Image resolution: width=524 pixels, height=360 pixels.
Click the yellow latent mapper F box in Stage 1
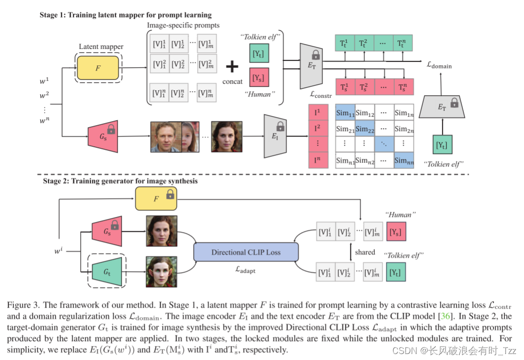pos(98,67)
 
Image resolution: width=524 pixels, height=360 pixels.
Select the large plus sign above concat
pos(233,67)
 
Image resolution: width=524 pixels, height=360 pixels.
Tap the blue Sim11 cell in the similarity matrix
pos(345,113)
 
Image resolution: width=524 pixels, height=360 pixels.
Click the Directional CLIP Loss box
pos(246,252)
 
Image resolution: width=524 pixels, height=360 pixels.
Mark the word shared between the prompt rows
pos(365,252)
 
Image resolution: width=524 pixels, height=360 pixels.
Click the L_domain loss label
pos(440,64)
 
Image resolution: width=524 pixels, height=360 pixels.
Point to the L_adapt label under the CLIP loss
pos(246,270)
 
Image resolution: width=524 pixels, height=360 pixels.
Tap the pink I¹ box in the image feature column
pos(318,113)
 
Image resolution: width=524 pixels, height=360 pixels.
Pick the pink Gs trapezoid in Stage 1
pos(102,136)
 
